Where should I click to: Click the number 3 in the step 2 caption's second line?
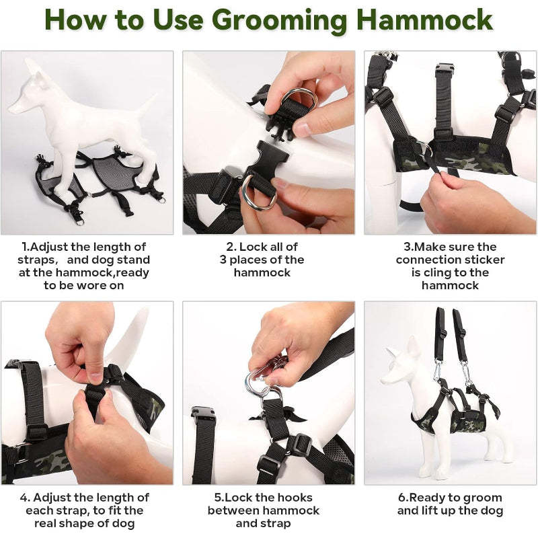coord(223,260)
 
